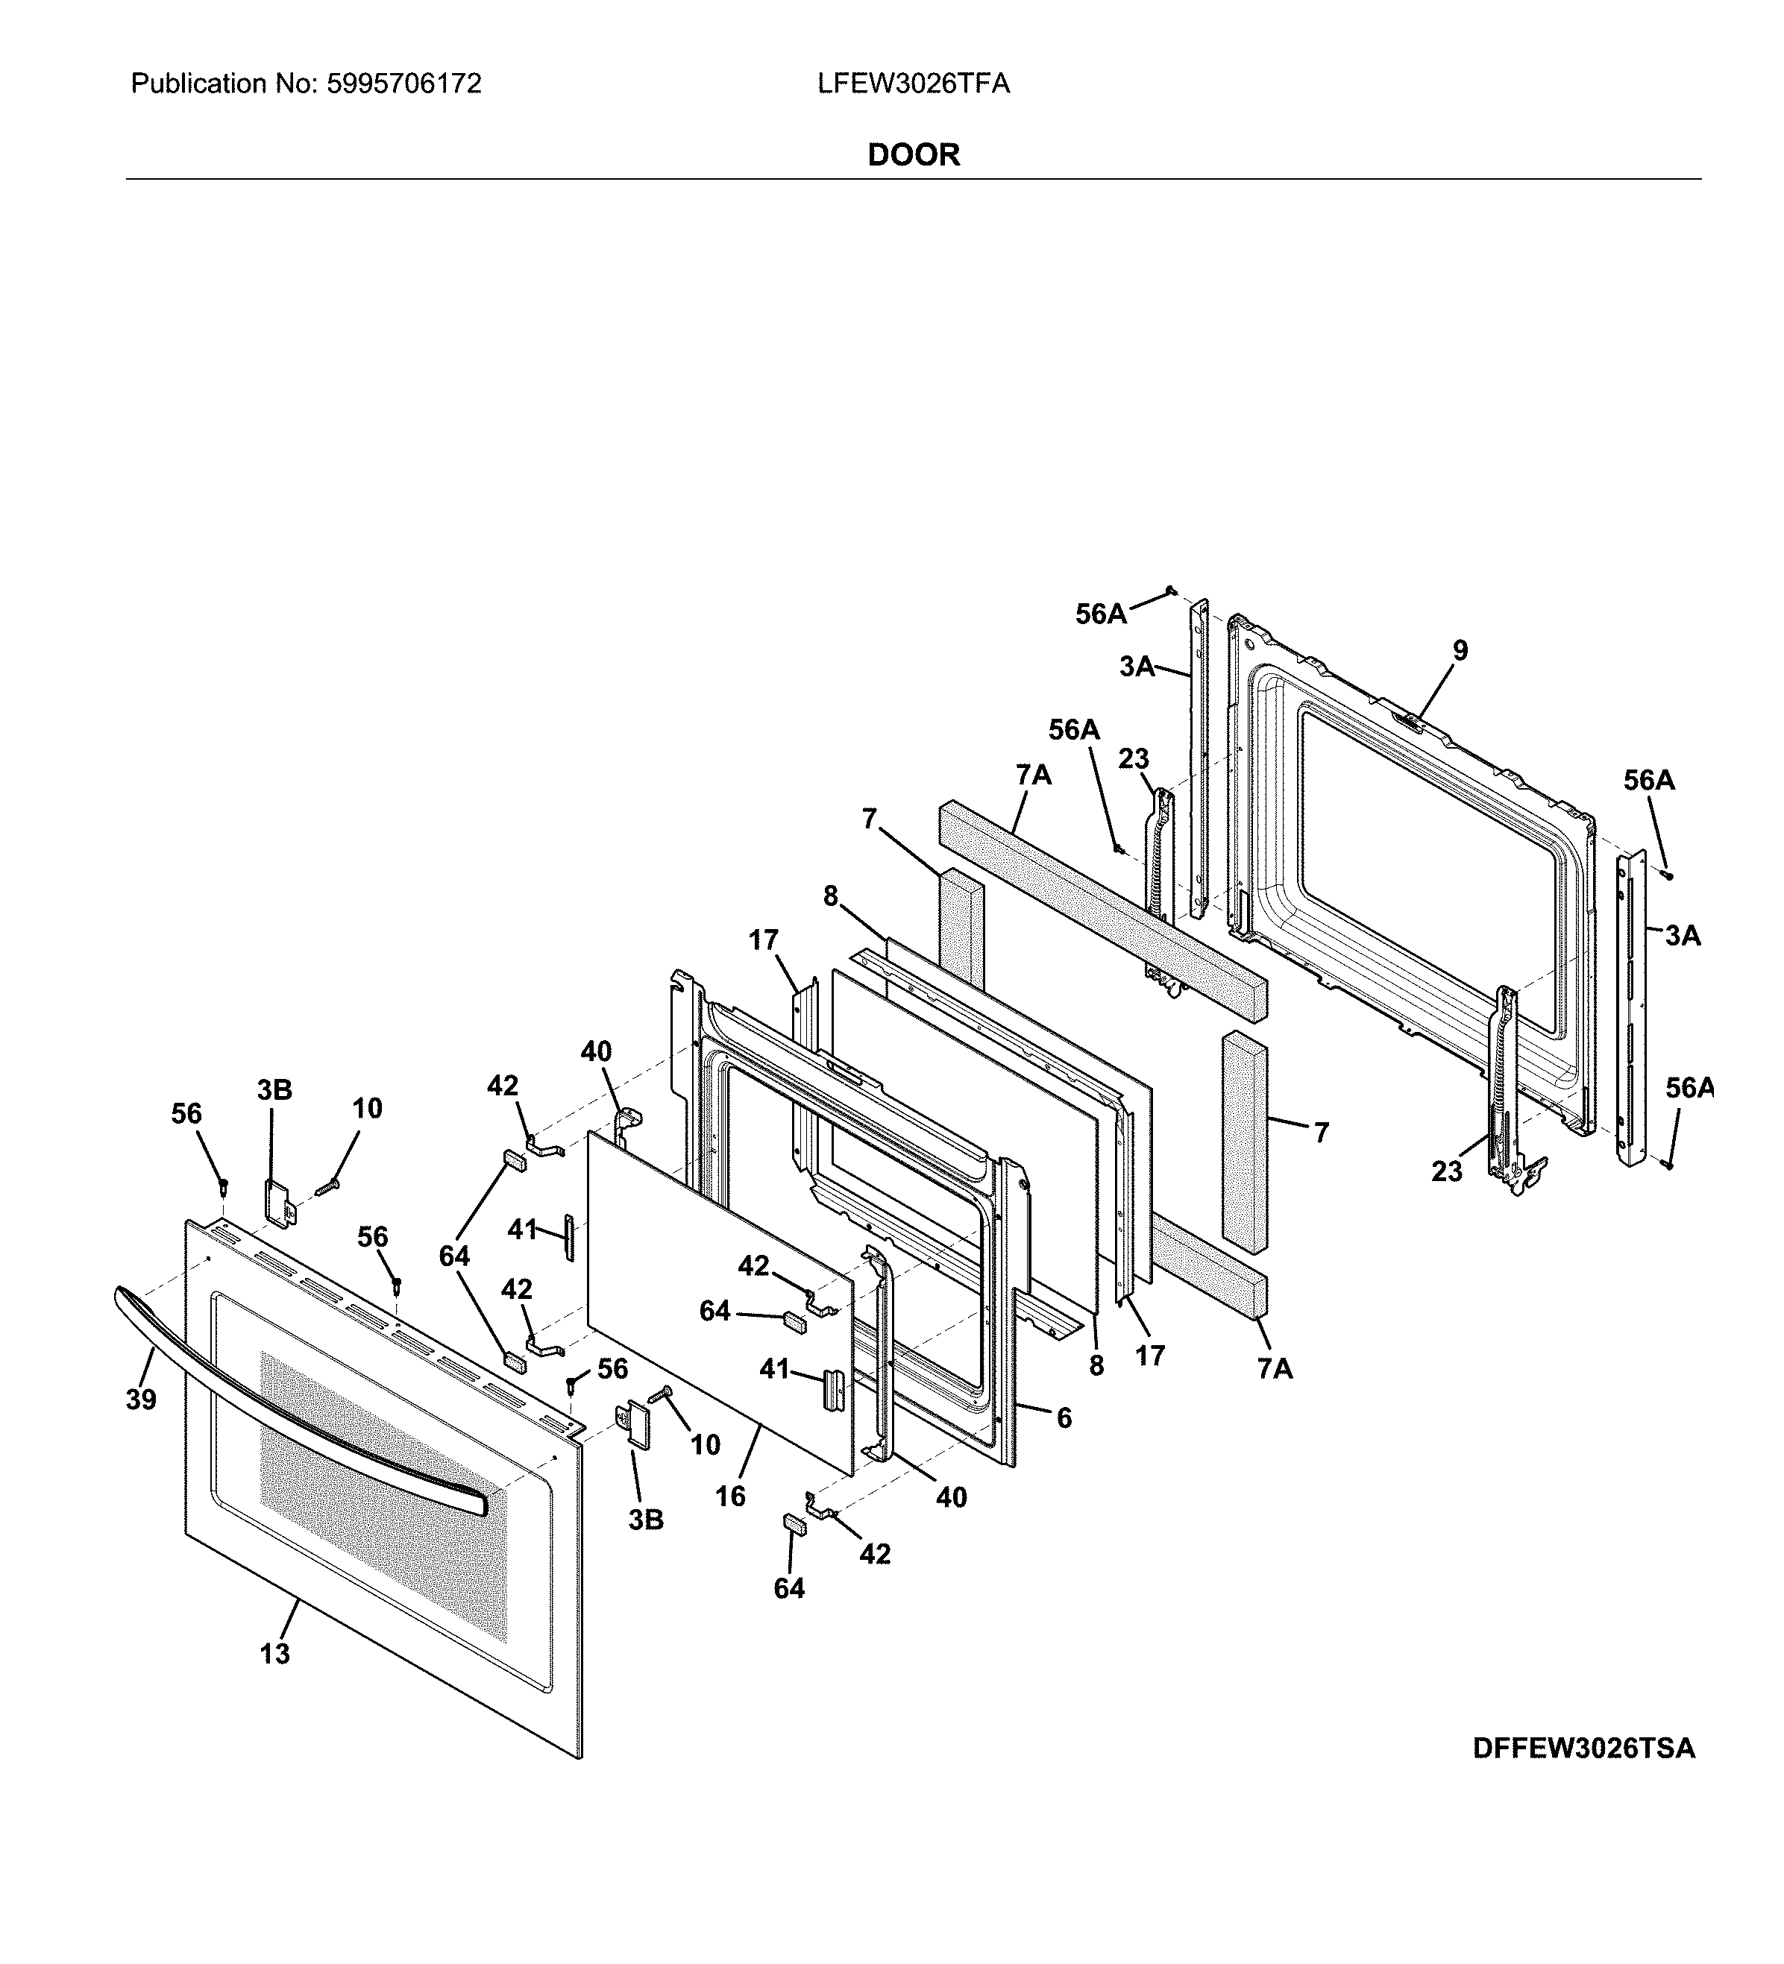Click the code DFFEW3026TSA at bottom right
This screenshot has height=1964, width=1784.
(1583, 1748)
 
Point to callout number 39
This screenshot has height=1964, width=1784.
(141, 1400)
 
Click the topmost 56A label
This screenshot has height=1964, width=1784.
(1101, 614)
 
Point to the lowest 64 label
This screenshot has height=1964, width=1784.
(789, 1588)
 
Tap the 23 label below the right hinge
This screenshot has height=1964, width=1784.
(1447, 1171)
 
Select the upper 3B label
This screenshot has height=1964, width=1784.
(274, 1090)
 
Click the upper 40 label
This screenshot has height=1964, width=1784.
(597, 1051)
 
